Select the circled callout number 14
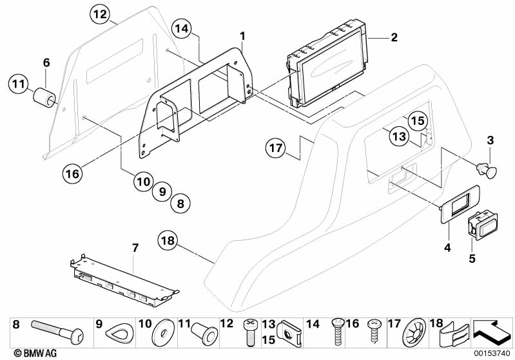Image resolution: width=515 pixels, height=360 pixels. pos(182,28)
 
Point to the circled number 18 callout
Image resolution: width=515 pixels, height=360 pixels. pos(169,242)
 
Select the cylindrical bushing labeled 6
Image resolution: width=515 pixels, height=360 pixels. pos(44,99)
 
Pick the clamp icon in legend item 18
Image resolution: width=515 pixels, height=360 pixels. pos(455,334)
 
